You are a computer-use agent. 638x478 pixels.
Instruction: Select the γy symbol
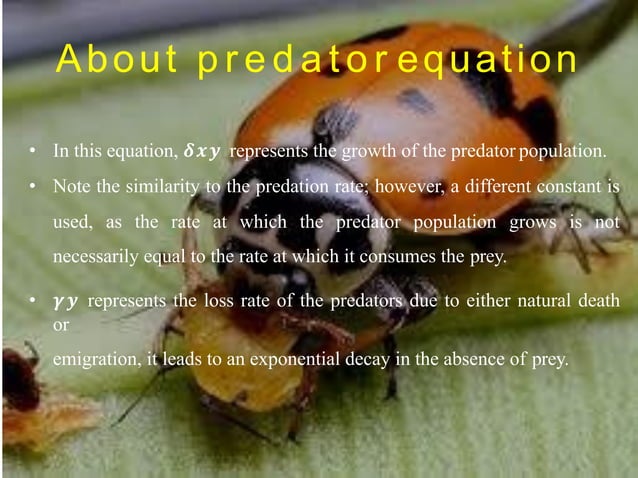tap(67, 301)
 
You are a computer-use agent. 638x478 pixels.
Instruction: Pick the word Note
tap(70, 187)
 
